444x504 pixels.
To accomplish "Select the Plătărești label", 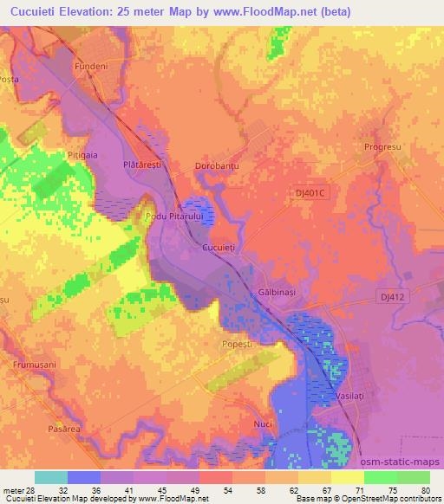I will pos(142,164).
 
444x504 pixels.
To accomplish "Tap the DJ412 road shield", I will pos(393,296).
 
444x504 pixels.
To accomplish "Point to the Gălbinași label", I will pos(277,294).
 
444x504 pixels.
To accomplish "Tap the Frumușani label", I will pos(34,365).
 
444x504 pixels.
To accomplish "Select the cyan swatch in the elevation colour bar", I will pos(51,476).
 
